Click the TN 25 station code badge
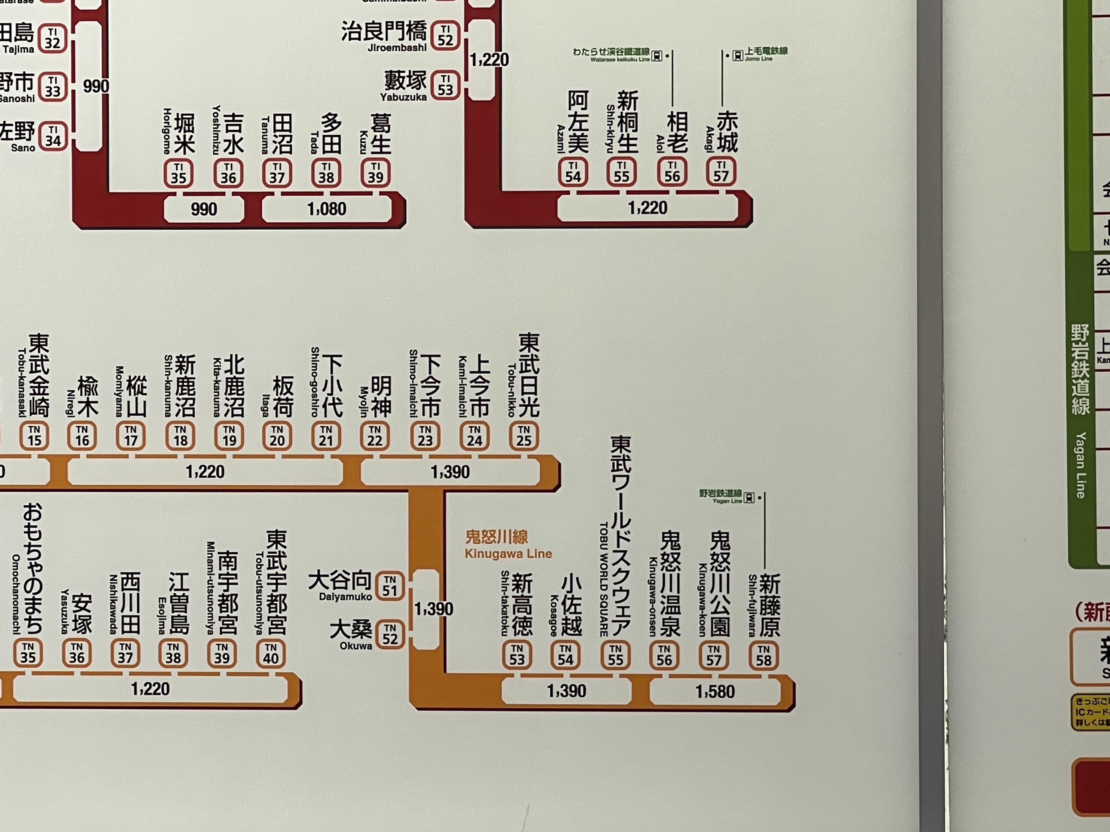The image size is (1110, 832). (524, 435)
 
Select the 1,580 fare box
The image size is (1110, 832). (715, 692)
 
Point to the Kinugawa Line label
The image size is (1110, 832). (508, 545)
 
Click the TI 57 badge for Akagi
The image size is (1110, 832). (721, 171)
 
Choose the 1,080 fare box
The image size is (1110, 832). (327, 209)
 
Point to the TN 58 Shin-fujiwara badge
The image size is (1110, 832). (763, 655)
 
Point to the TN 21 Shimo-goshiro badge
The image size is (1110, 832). (326, 435)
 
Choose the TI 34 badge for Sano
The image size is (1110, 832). (53, 135)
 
